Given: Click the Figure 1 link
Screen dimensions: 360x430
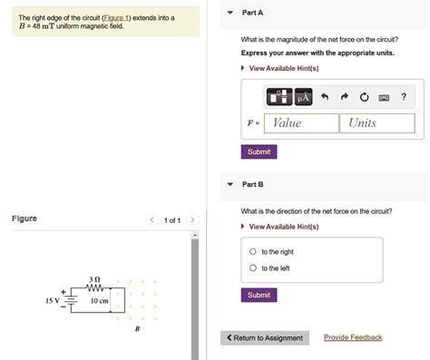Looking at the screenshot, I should point(116,17).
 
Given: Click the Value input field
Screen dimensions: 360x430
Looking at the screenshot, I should point(302,123).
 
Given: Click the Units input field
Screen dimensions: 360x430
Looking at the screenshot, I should point(376,123).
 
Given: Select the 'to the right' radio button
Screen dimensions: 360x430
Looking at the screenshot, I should point(252,251).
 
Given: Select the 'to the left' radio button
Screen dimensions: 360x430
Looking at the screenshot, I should point(252,268).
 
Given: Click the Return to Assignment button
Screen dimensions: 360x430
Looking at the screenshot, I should point(265,338).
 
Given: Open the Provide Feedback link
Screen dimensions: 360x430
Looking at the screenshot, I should point(353,337).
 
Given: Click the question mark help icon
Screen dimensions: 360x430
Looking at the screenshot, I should point(404,97).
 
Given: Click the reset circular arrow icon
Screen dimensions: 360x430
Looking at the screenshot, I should point(364,97).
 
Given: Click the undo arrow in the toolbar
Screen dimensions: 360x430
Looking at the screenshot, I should point(324,97).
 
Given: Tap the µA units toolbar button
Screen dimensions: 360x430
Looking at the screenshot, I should point(302,97).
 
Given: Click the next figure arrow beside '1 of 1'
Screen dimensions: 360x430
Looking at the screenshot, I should point(193,219).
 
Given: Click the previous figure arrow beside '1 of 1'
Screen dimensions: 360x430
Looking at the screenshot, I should point(152,219).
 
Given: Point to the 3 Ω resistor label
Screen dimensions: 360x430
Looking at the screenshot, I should point(93,278).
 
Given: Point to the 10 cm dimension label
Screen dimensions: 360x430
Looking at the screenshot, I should point(99,301).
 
